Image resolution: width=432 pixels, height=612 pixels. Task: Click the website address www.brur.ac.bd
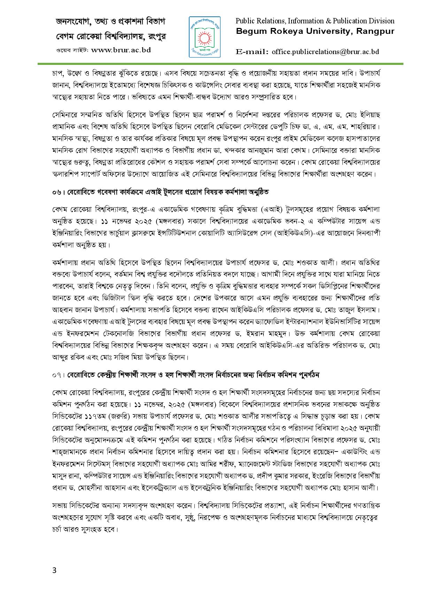(121, 50)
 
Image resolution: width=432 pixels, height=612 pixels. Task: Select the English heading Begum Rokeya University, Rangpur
(315, 31)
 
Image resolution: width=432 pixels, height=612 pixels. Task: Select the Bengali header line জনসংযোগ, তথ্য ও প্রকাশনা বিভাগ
(110, 22)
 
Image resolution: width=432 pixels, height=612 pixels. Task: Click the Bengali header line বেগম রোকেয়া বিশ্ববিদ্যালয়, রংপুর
(110, 36)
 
